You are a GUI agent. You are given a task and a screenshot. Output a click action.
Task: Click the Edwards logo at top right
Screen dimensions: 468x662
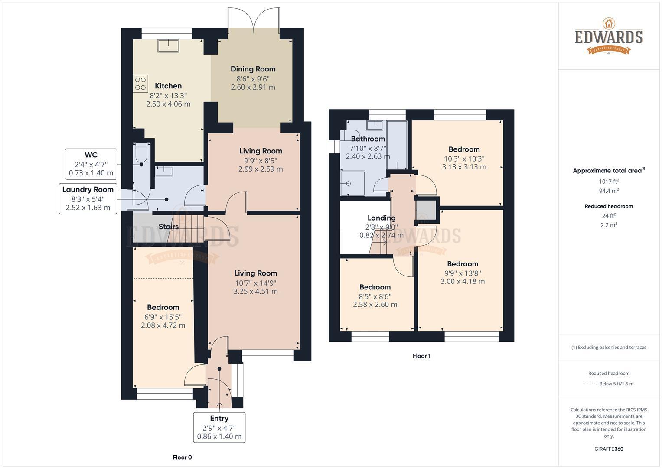coord(609,36)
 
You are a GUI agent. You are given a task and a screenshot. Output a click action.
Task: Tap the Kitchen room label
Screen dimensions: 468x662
coord(168,86)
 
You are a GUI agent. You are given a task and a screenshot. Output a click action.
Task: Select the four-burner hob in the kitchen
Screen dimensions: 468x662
coord(140,84)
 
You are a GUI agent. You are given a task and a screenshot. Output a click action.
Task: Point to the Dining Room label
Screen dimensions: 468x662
coord(253,69)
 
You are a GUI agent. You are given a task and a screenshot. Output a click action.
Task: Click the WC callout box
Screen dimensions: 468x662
coord(91,164)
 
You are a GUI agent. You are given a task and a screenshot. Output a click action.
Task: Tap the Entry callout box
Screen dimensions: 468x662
coord(219,427)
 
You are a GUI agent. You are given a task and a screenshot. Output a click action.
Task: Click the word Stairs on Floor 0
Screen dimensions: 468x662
coord(169,227)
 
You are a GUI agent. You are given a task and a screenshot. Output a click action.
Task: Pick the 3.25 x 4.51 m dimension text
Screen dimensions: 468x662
coord(255,291)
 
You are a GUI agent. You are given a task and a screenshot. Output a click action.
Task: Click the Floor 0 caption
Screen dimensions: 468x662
coord(182,457)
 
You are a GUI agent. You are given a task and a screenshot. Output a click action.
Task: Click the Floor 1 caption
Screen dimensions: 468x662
coord(421,356)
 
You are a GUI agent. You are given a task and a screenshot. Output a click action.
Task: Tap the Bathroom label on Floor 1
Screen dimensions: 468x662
coord(368,139)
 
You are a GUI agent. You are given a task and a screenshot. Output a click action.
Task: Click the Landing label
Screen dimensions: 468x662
coord(382,218)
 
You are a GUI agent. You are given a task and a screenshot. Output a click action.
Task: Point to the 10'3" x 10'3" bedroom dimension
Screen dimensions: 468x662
coord(464,159)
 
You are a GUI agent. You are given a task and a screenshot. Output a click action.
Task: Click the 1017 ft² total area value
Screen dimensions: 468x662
coord(609,182)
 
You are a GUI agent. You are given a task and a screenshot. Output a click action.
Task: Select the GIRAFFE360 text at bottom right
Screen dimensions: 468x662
coord(609,449)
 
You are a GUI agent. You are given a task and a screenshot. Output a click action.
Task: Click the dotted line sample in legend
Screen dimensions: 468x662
coord(590,383)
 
